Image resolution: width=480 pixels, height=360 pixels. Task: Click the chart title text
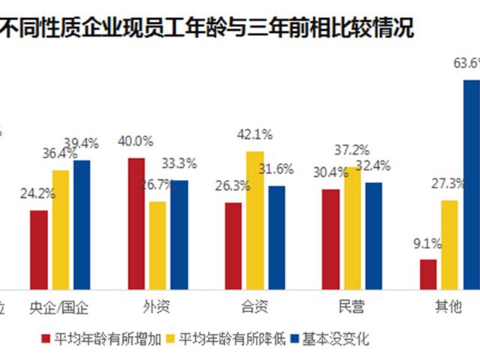(209, 29)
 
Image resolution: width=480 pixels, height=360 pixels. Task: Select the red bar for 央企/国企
(39, 249)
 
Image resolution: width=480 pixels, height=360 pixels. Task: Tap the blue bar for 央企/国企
(82, 224)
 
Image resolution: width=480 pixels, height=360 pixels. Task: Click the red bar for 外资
(136, 223)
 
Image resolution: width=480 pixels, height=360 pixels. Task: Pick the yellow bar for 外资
(157, 244)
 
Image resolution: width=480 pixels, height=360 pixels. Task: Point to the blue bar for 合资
(277, 237)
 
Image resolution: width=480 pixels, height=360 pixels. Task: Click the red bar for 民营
(331, 238)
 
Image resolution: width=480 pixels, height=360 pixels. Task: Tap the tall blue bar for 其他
(471, 184)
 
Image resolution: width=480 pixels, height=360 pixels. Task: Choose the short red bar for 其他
(428, 274)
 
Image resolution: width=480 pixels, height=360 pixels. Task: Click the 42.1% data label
(255, 134)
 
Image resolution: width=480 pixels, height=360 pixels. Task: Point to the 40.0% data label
(136, 141)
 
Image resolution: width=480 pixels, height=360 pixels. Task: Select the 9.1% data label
(427, 243)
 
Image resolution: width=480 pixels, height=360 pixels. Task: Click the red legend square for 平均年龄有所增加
(46, 339)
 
